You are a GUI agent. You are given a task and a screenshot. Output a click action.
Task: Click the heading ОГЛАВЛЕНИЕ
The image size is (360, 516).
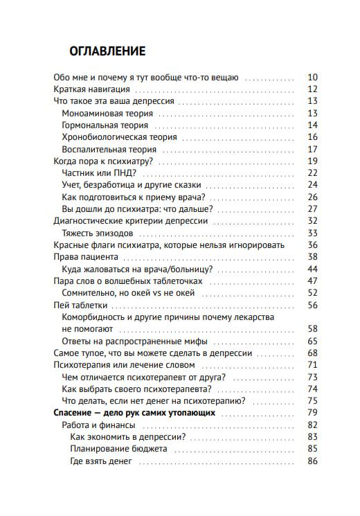pyautogui.click(x=107, y=51)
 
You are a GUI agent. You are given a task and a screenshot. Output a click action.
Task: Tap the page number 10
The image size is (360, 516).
pyautogui.click(x=312, y=77)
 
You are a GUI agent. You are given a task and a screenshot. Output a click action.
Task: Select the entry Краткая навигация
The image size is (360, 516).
pyautogui.click(x=92, y=89)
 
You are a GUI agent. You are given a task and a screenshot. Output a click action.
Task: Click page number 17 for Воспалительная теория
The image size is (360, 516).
pyautogui.click(x=312, y=149)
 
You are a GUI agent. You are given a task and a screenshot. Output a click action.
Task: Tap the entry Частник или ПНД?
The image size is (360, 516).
pyautogui.click(x=99, y=172)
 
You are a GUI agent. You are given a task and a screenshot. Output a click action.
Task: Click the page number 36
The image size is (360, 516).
pyautogui.click(x=312, y=245)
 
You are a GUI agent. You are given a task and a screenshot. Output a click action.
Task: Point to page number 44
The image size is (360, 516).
pyautogui.click(x=312, y=269)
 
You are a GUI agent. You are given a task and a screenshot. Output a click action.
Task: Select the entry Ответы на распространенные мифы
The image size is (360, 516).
pyautogui.click(x=134, y=341)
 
